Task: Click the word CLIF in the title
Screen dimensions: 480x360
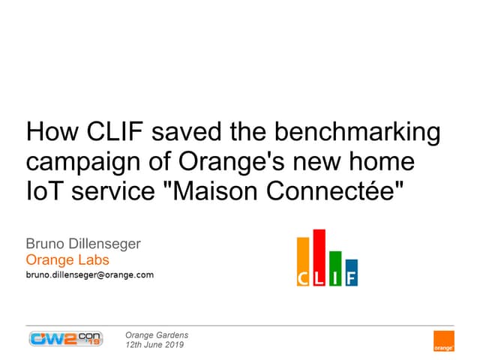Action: pyautogui.click(x=115, y=131)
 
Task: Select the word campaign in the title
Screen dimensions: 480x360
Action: pyautogui.click(x=83, y=163)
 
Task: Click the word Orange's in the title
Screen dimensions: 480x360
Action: pyautogui.click(x=232, y=161)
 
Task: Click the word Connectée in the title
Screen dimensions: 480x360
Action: pyautogui.click(x=330, y=191)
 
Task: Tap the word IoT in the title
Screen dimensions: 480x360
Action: pyautogui.click(x=45, y=191)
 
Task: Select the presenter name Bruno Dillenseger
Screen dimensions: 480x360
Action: pyautogui.click(x=83, y=244)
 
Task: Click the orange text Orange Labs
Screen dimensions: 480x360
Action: pyautogui.click(x=67, y=260)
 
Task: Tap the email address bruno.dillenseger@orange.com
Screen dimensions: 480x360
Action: pyautogui.click(x=90, y=274)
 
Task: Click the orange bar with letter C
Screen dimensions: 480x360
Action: pyautogui.click(x=303, y=262)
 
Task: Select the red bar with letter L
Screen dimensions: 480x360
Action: pyautogui.click(x=319, y=258)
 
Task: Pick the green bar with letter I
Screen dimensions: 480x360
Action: pyautogui.click(x=335, y=268)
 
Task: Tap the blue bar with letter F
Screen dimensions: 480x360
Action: pyautogui.click(x=352, y=273)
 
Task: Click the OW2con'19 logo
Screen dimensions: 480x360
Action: pyautogui.click(x=66, y=339)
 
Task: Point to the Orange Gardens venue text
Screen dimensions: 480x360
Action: pyautogui.click(x=157, y=335)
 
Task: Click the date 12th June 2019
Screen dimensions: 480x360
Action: pyautogui.click(x=154, y=345)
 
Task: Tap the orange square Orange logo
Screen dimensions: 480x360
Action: pyautogui.click(x=444, y=341)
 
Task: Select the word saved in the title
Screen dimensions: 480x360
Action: pyautogui.click(x=187, y=131)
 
